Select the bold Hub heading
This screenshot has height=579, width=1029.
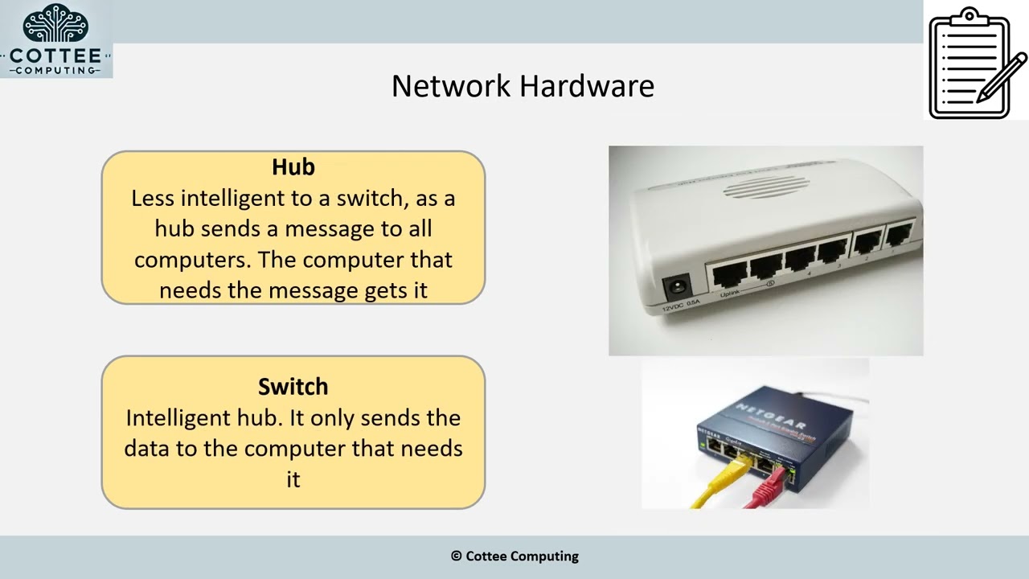[x=293, y=166]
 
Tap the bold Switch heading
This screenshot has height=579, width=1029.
[x=293, y=387]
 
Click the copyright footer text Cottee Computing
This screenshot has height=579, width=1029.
[x=522, y=556]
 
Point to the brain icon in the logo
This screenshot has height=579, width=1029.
[x=55, y=23]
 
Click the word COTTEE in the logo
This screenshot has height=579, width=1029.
[x=55, y=56]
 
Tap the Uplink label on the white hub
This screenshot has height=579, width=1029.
[x=729, y=294]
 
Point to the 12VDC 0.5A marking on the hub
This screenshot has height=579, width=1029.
[x=680, y=306]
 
